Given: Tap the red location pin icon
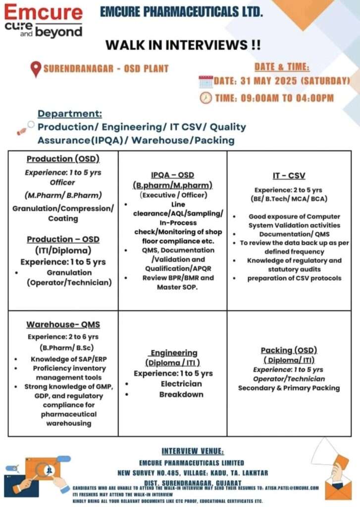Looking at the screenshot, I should pos(35,69).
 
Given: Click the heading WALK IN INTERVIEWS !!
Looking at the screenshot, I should pos(183,45).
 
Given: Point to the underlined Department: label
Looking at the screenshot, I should pos(70,113).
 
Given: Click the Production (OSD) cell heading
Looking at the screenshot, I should pos(63,159).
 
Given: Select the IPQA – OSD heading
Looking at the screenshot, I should pos(172,175).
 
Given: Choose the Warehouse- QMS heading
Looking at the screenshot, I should pos(63,325).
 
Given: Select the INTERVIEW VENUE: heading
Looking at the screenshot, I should pos(193,451).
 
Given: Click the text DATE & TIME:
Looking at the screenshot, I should pos(282,67).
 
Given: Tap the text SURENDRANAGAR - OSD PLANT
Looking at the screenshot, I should pos(106,69).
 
